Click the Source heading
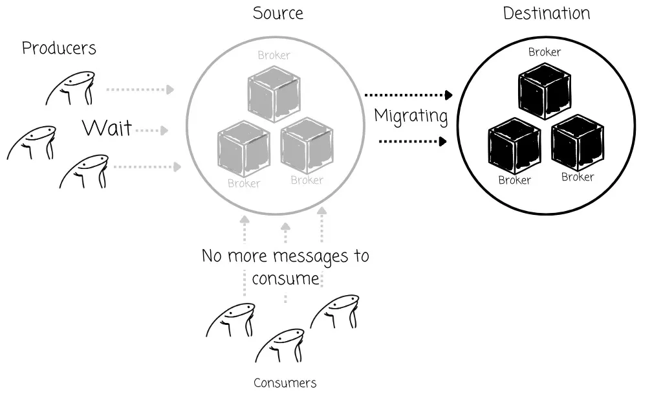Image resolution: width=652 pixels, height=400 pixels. click(x=277, y=13)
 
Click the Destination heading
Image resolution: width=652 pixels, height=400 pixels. click(x=547, y=13)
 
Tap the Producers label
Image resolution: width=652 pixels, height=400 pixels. click(x=59, y=48)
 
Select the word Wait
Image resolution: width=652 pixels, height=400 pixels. click(x=107, y=128)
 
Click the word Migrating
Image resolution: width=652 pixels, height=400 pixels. click(x=411, y=117)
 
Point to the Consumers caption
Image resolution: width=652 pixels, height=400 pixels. click(x=285, y=383)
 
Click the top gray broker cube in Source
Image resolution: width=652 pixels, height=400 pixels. click(x=274, y=94)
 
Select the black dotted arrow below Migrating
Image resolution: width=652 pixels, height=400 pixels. click(x=413, y=140)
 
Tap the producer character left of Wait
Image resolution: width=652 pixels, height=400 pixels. click(x=31, y=143)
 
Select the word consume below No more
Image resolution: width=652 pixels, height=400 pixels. click(x=285, y=279)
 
